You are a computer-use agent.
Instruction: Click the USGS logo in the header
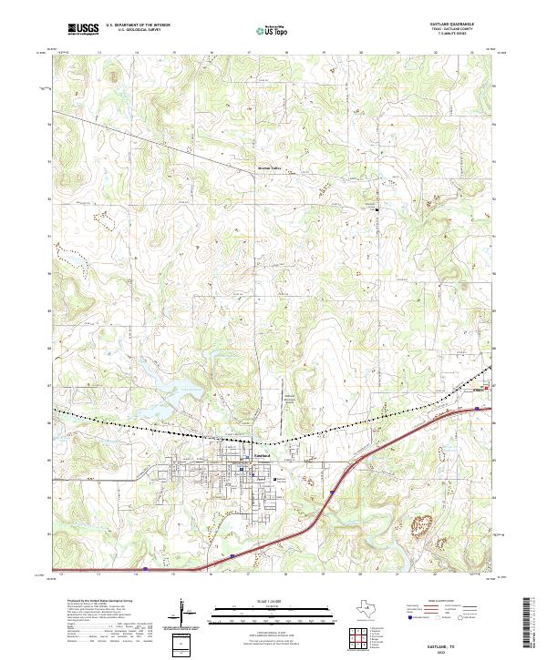(83, 30)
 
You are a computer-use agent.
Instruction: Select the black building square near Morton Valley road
(379, 210)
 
